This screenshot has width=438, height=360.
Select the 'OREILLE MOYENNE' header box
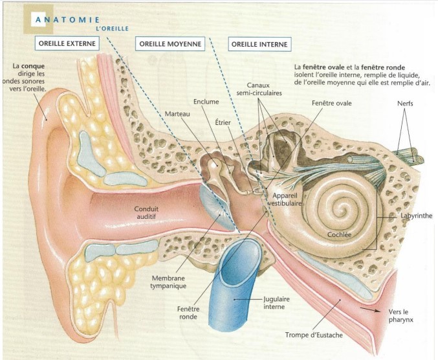tap(170, 44)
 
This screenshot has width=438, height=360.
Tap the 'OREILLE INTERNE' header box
tap(259, 44)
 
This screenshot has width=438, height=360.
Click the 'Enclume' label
tap(206, 102)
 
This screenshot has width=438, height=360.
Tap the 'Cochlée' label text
tap(338, 234)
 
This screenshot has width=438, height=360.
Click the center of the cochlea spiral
tap(340, 208)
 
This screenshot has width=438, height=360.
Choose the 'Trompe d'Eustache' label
tap(312, 335)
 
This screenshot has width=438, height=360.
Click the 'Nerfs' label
tap(408, 104)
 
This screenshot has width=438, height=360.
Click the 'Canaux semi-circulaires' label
tap(263, 89)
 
